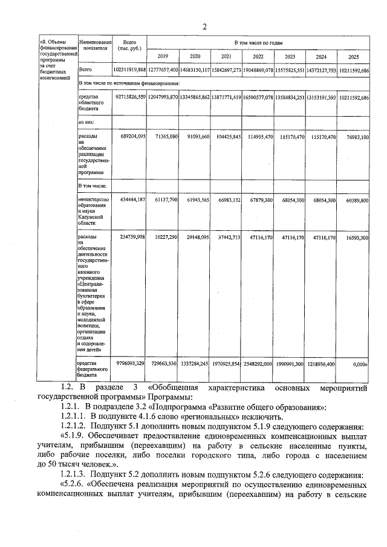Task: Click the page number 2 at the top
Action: pos(204,26)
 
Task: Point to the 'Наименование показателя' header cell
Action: pos(95,44)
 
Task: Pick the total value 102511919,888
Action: pos(129,70)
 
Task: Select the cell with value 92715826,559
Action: pos(129,97)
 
